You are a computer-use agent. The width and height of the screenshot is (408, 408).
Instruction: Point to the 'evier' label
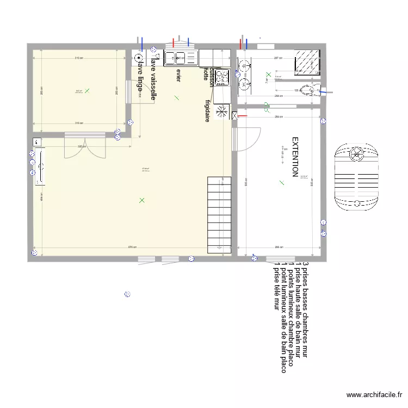[178, 75]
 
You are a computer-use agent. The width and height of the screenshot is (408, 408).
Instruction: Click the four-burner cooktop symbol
[222, 77]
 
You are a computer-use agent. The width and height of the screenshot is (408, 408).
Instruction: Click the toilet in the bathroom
[311, 90]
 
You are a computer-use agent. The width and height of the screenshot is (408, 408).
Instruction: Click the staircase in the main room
[219, 215]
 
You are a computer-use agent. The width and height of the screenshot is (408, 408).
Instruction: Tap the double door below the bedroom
[84, 146]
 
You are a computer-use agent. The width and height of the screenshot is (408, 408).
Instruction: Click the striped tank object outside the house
[356, 177]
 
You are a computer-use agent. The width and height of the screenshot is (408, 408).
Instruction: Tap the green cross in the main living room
[142, 200]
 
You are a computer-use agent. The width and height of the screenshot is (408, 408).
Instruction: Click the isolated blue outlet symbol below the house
[127, 294]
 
